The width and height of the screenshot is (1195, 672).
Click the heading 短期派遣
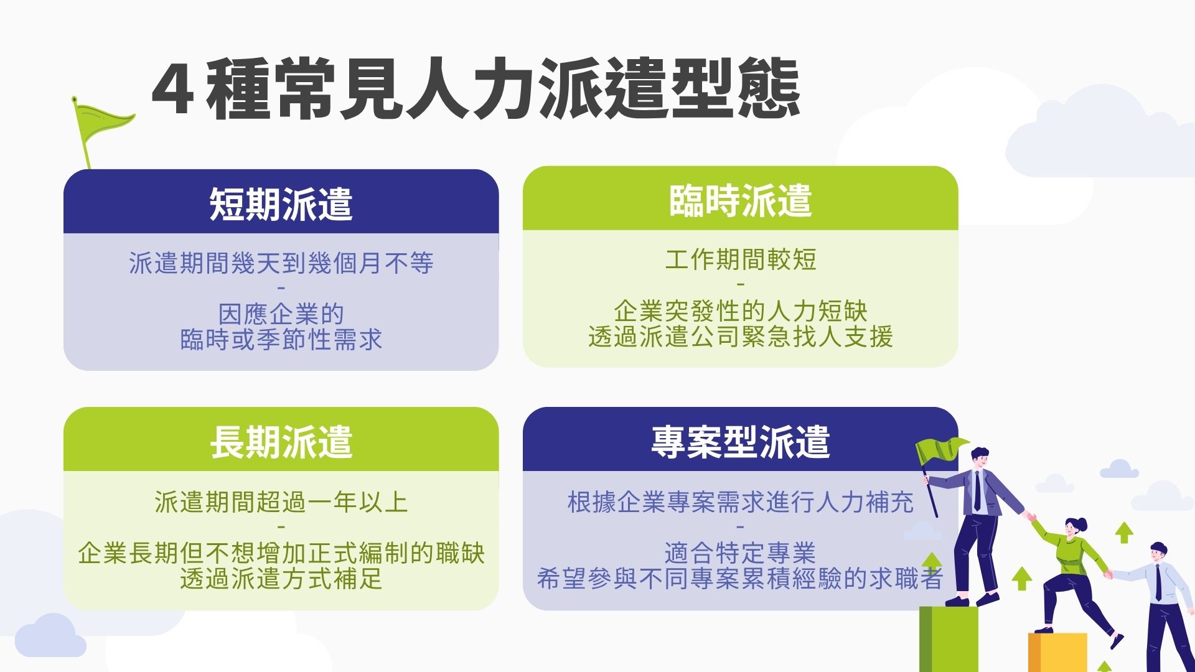(x=281, y=204)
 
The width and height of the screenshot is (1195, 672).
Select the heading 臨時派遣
(x=740, y=201)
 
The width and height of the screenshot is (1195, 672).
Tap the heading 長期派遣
(x=281, y=442)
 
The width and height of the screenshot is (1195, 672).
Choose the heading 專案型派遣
(x=740, y=442)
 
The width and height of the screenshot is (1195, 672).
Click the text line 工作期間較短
(x=740, y=259)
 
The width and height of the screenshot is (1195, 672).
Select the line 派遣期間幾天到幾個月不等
(x=281, y=263)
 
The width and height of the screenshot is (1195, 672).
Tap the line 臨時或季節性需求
(x=281, y=340)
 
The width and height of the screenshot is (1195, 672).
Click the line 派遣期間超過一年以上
(x=281, y=502)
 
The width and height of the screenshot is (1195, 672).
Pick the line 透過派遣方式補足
(x=281, y=579)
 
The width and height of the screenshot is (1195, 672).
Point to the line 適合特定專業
(x=740, y=553)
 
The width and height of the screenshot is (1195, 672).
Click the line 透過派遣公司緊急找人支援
(x=740, y=337)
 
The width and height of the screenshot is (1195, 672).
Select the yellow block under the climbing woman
(x=1057, y=652)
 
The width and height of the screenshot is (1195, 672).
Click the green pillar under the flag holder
(x=949, y=639)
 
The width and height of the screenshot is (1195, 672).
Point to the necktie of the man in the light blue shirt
(x=1158, y=582)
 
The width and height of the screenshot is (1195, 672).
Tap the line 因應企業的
(x=281, y=314)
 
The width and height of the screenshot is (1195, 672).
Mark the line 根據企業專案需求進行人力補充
(x=740, y=502)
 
